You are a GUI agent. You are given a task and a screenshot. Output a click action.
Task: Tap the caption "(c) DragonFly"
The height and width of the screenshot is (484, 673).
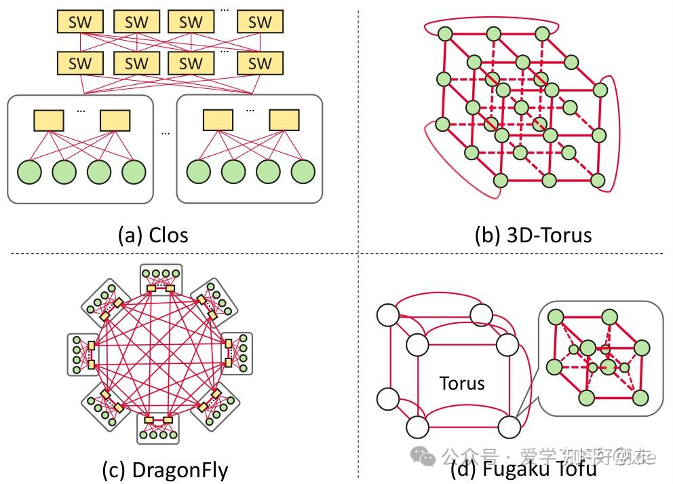[164, 470]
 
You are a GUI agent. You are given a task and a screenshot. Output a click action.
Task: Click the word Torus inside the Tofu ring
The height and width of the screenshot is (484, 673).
[461, 383]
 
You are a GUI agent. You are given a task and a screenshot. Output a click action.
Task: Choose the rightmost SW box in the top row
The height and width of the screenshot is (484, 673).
[259, 22]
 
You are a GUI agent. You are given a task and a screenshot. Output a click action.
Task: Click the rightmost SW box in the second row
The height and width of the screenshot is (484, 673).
[259, 64]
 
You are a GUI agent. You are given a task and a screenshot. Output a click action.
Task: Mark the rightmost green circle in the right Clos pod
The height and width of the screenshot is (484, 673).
[303, 172]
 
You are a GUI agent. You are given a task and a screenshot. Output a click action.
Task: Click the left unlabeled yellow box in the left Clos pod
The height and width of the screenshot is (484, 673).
[49, 121]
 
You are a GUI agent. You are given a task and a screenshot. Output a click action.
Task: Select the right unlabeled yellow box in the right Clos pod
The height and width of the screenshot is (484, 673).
[284, 121]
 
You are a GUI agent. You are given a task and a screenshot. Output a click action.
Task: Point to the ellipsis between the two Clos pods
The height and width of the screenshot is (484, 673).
[165, 133]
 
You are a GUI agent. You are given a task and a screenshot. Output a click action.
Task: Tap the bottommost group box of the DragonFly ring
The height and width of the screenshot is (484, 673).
[160, 428]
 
